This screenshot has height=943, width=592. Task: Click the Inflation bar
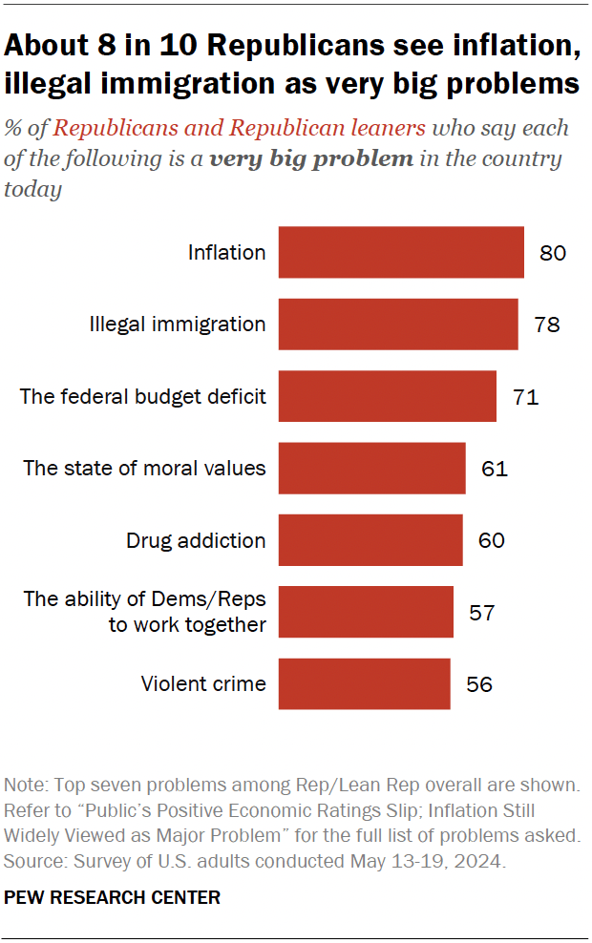[x=401, y=252]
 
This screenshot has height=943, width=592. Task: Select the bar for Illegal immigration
[x=398, y=325]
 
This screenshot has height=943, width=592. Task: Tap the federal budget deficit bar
[x=387, y=396]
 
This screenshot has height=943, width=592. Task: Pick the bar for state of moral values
[x=371, y=468]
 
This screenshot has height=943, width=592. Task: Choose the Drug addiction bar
[x=370, y=540]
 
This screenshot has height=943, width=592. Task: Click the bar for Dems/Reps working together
[x=366, y=612]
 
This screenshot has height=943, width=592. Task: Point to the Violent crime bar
[x=364, y=683]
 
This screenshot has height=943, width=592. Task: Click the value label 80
[x=553, y=253]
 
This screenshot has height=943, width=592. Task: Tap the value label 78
[x=547, y=325]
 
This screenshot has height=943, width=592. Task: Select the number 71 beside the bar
[x=525, y=397]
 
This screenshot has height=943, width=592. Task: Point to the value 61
[x=495, y=469]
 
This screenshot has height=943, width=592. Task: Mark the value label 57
[x=482, y=613]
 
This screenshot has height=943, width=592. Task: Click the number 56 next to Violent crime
[x=479, y=684]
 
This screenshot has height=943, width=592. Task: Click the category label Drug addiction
[x=196, y=540]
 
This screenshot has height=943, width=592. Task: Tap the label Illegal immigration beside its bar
[x=177, y=325]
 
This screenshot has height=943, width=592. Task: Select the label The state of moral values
[x=144, y=469]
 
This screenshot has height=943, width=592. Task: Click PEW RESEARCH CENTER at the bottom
[x=113, y=897]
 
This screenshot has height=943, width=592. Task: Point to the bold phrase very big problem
[x=311, y=158]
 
